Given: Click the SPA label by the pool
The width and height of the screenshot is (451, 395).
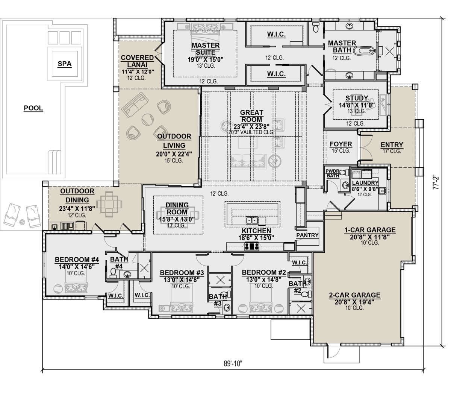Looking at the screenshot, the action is (65, 64).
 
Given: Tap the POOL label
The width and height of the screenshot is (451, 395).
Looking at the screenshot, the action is (33, 108).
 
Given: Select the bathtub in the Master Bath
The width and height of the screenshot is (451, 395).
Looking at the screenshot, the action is (364, 51).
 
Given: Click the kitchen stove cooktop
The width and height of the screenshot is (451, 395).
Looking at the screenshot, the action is (252, 246).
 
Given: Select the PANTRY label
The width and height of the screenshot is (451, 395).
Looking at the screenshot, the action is (307, 235).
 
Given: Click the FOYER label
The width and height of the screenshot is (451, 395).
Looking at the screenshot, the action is (341, 144).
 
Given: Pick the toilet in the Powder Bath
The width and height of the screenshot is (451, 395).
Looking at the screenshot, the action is (344, 172).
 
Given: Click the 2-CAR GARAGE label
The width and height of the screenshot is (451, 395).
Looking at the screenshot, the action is (355, 295).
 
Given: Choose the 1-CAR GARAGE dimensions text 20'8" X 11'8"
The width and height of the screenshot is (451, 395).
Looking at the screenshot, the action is (370, 237).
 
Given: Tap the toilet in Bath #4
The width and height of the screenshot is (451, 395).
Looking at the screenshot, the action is (113, 273).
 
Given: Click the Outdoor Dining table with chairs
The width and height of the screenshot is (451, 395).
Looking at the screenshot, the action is (109, 204).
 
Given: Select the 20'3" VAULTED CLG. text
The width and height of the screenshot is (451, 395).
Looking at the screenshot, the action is (251, 132).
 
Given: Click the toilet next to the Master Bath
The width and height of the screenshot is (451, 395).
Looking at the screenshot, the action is (316, 27).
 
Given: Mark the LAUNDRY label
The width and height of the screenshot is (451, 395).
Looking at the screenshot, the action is (365, 183).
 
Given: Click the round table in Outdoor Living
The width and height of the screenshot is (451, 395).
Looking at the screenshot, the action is (147, 120).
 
